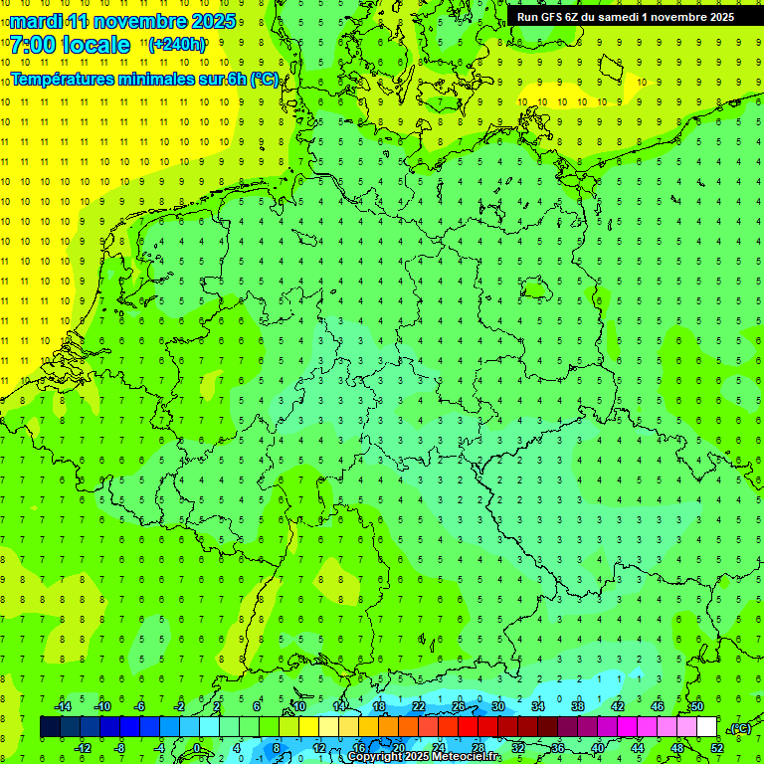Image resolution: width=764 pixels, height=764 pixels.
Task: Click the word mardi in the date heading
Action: click(34, 20)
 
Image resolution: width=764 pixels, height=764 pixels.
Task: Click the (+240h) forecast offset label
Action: click(177, 45)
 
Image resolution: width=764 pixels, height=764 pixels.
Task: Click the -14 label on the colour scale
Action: click(63, 706)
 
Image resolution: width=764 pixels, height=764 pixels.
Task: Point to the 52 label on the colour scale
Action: click(716, 748)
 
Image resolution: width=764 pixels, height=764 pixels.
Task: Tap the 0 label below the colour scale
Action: click(197, 748)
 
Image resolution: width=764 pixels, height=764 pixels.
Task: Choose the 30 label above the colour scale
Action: click(497, 706)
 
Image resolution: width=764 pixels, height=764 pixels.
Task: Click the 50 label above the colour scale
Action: click(696, 706)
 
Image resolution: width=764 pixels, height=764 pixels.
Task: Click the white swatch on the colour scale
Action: click(706, 727)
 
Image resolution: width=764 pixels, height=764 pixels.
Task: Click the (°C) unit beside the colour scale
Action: click(739, 728)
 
